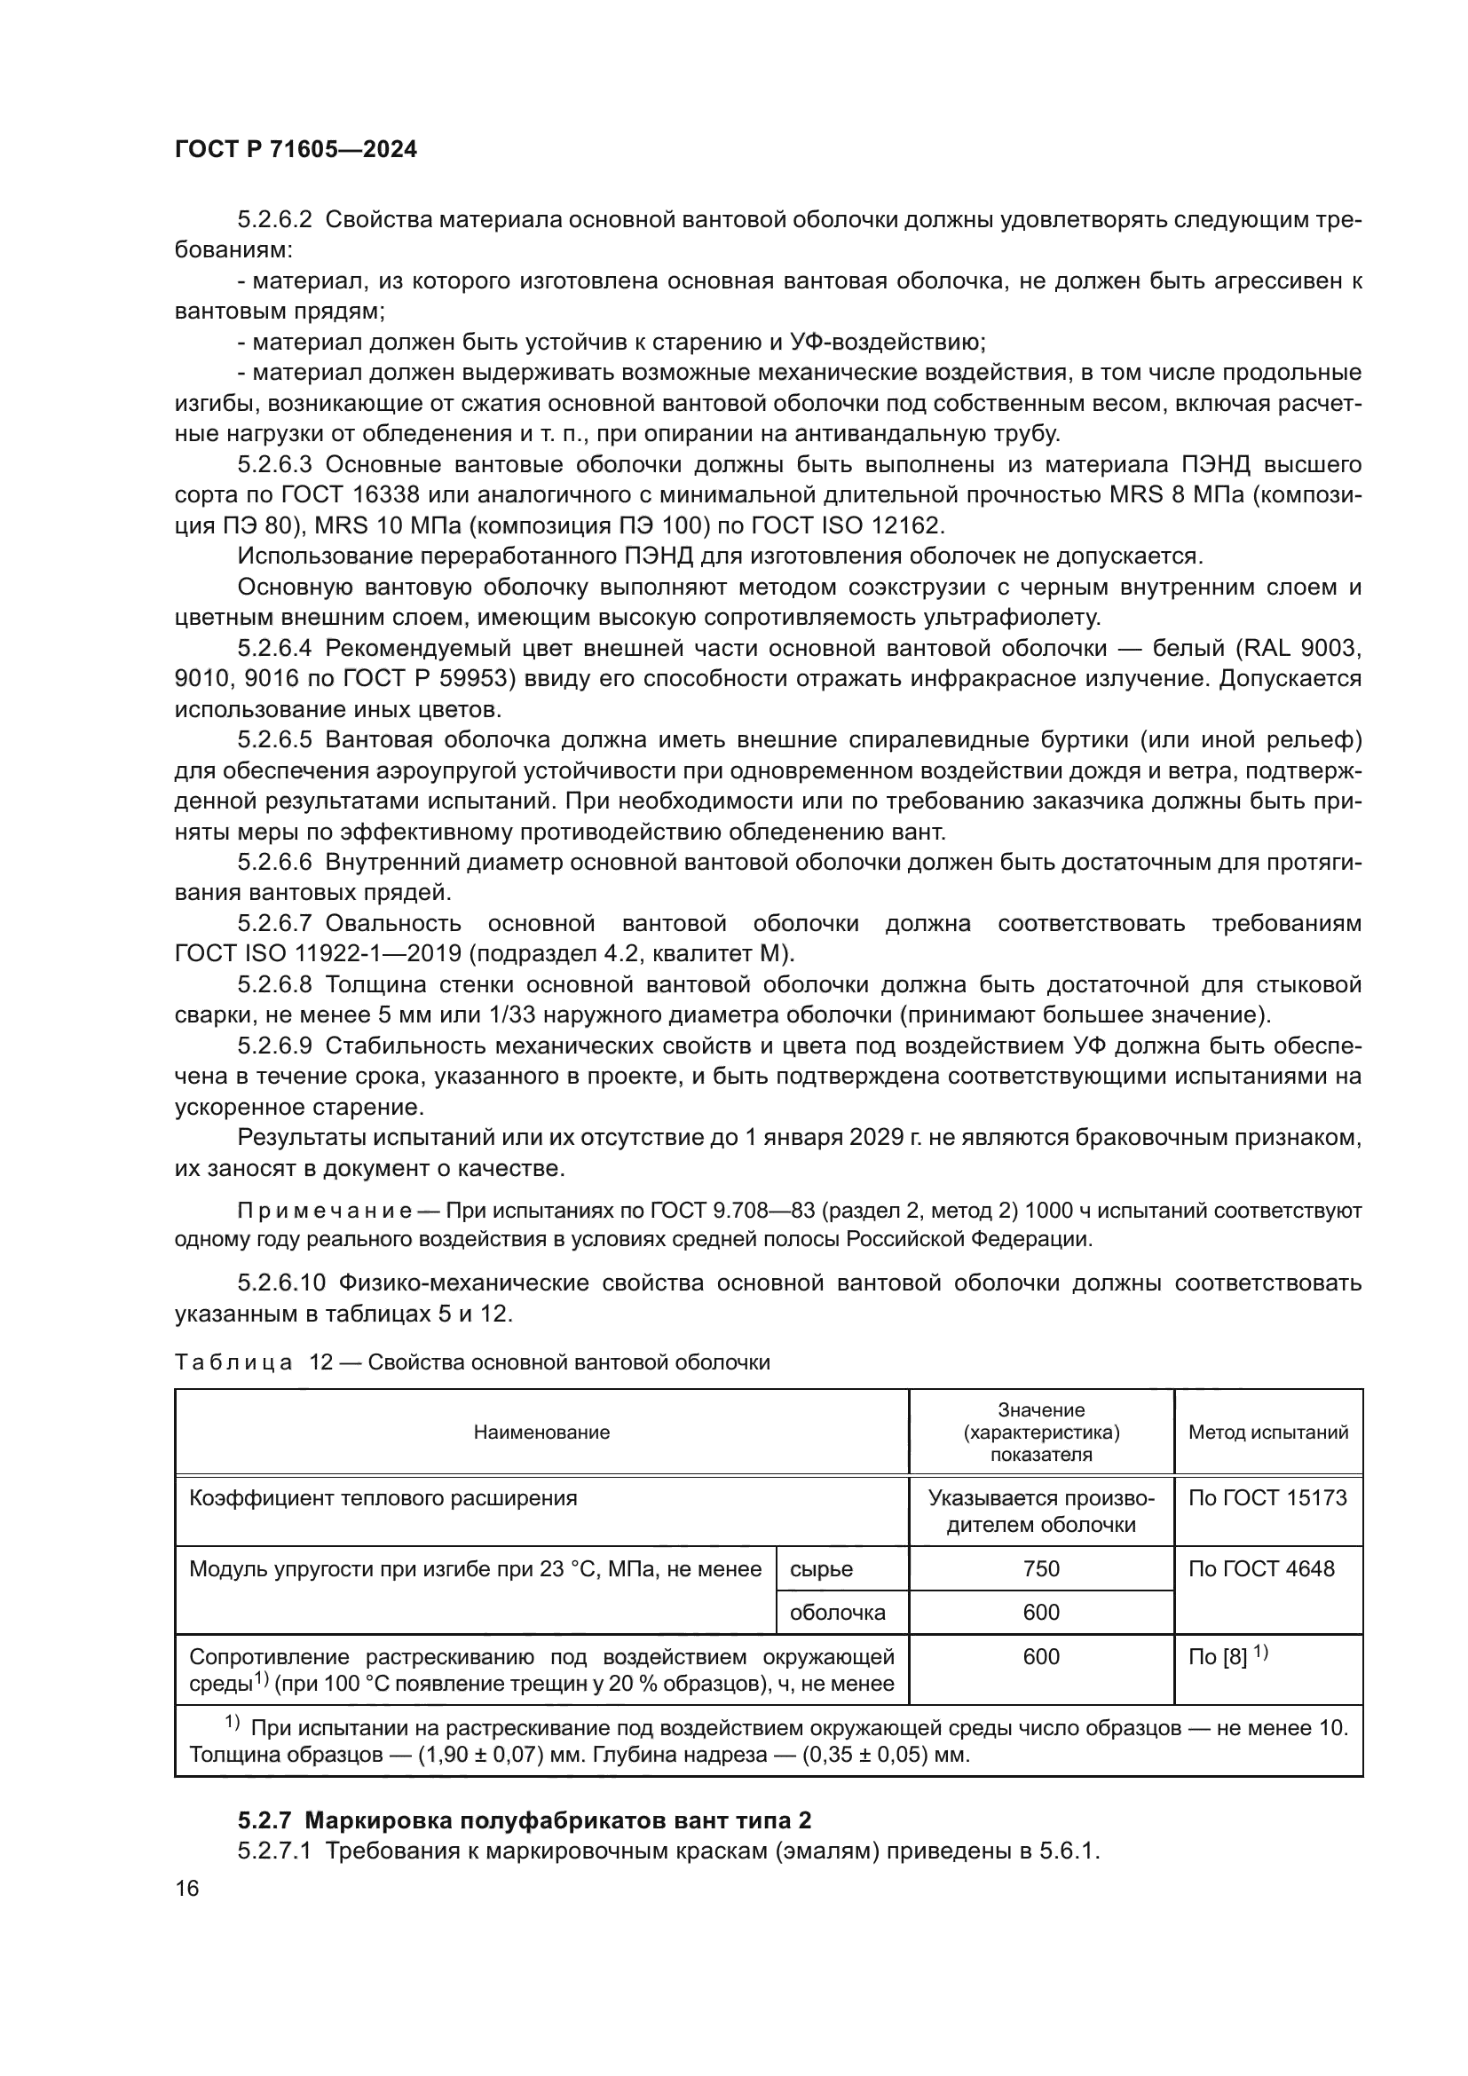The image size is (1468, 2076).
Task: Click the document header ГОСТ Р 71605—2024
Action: coord(296,150)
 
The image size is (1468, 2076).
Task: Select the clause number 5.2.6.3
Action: coord(274,465)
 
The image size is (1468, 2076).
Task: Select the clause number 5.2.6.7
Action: coord(274,923)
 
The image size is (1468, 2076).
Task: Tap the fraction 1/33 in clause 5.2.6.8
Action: coord(510,1014)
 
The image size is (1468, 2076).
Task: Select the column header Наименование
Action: coord(541,1433)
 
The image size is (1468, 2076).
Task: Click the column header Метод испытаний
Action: coord(1267,1433)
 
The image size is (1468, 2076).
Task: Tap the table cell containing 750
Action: coord(1040,1568)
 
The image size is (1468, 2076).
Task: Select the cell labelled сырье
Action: coord(821,1568)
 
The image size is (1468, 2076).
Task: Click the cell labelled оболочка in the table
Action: coord(837,1612)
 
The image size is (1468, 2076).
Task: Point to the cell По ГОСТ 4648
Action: coord(1261,1568)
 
